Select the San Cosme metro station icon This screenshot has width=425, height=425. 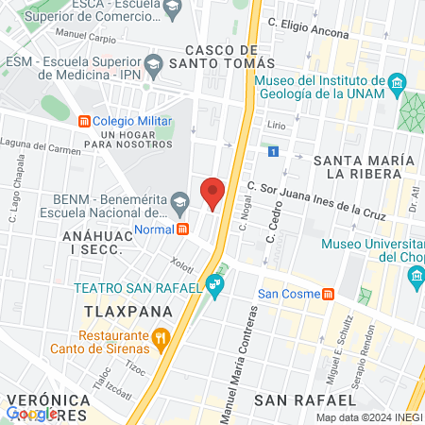tap(327, 293)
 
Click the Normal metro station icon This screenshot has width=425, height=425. tap(183, 229)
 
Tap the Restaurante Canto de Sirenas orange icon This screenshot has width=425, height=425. tap(161, 336)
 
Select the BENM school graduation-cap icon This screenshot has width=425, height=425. tap(179, 200)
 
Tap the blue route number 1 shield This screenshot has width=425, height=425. tap(273, 151)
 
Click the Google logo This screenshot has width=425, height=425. tap(31, 414)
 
